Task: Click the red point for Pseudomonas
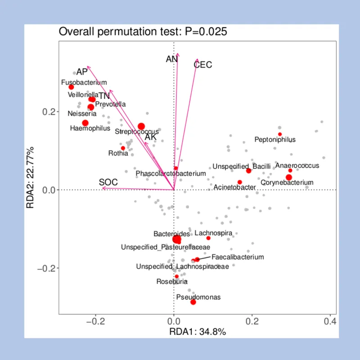pyautogui.click(x=193, y=302)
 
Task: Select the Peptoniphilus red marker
pyautogui.click(x=280, y=134)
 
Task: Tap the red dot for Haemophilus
pyautogui.click(x=85, y=123)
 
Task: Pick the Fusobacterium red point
pyautogui.click(x=71, y=87)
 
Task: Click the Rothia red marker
pyautogui.click(x=123, y=148)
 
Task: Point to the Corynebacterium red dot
pyautogui.click(x=289, y=177)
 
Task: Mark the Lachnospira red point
pyautogui.click(x=208, y=238)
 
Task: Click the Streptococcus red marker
pyautogui.click(x=141, y=126)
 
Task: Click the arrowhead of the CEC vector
pyautogui.click(x=197, y=59)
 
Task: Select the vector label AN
pyautogui.click(x=171, y=59)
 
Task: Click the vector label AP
pyautogui.click(x=81, y=72)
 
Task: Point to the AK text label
pyautogui.click(x=151, y=137)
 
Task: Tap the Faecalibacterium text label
pyautogui.click(x=238, y=257)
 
